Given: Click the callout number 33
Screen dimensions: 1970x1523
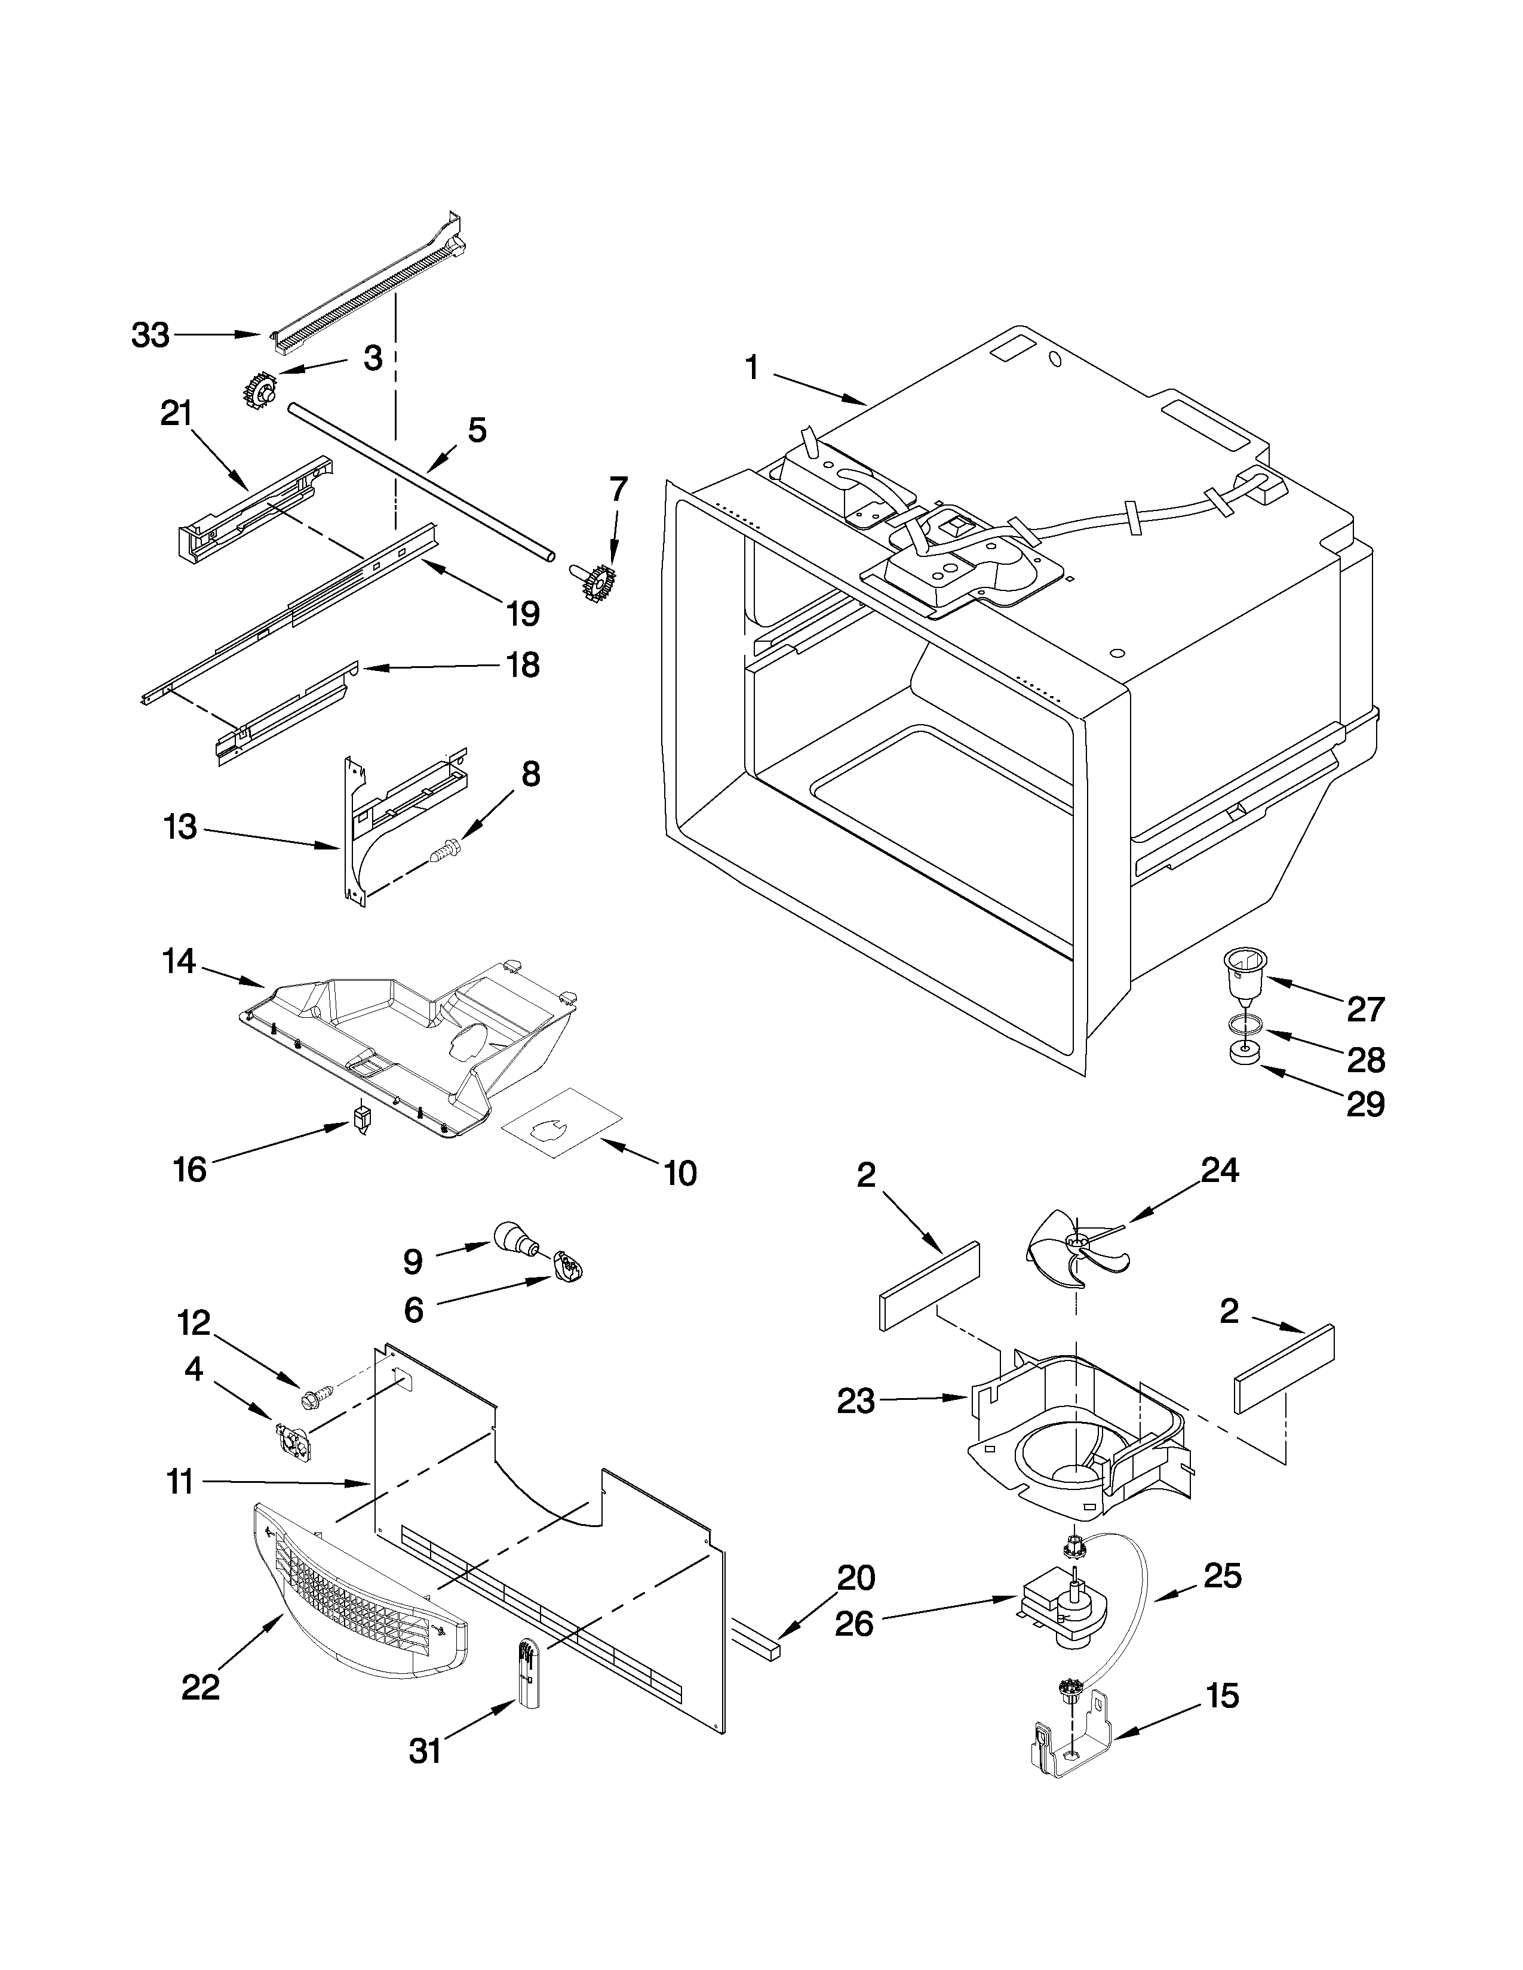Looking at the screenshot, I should click(x=150, y=335).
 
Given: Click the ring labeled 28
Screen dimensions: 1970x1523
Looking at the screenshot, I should click(x=1244, y=1024).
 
